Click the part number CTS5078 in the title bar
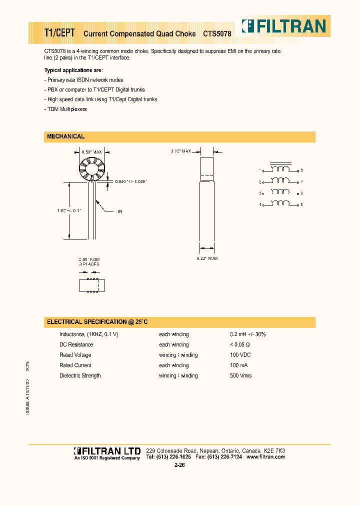point(217,34)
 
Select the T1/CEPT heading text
point(59,33)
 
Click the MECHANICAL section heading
point(65,136)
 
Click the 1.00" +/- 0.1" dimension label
point(68,210)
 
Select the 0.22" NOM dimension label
point(207,258)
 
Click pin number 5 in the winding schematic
point(301,204)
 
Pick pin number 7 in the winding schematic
point(301,182)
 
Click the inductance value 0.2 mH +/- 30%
point(247,334)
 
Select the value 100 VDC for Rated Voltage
point(241,355)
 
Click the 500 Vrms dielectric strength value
point(241,375)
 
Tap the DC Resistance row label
point(76,344)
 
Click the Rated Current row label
point(75,365)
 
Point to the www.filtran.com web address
point(265,457)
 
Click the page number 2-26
point(180,465)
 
